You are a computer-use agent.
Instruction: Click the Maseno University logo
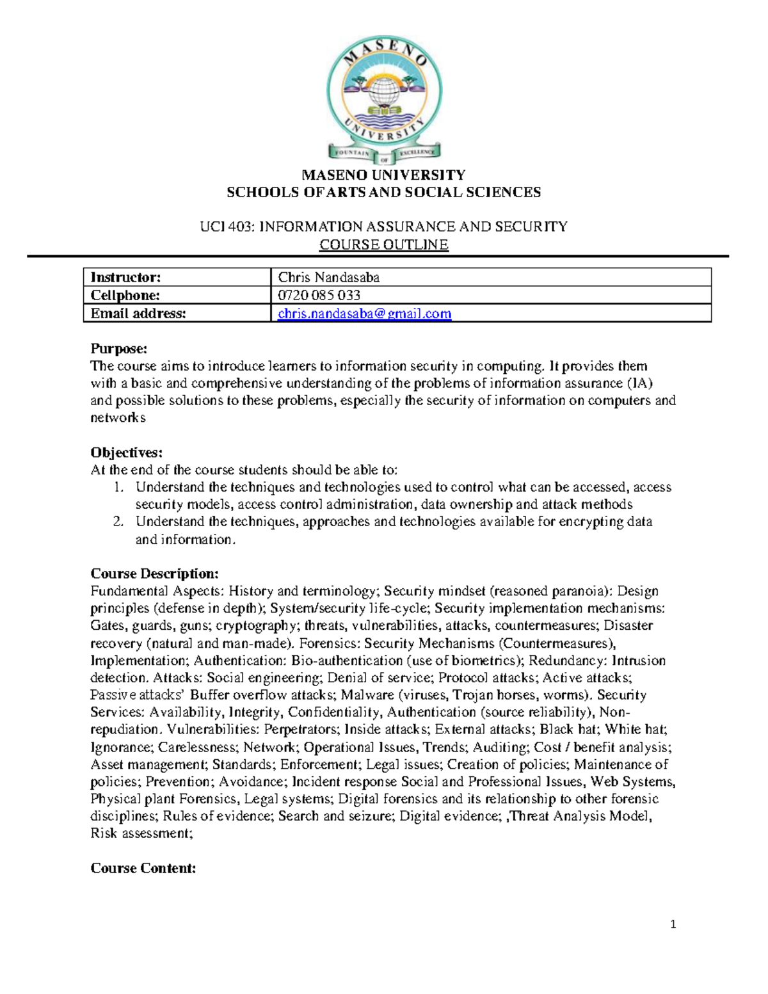(x=384, y=99)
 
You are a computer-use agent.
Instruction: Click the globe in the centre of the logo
(x=384, y=90)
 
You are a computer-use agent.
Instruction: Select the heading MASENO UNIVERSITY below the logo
(x=384, y=175)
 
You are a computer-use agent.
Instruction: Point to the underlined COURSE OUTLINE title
(x=384, y=244)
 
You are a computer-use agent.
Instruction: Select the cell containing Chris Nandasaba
(x=329, y=277)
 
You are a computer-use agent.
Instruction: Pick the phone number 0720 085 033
(x=319, y=295)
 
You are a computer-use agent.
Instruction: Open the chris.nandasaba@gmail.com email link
(x=365, y=314)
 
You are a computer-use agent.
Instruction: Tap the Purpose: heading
(x=119, y=349)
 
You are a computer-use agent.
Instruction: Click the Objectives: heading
(x=127, y=453)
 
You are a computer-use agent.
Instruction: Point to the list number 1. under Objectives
(x=118, y=487)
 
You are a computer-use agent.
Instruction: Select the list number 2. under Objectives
(x=118, y=522)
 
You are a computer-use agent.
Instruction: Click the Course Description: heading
(x=155, y=573)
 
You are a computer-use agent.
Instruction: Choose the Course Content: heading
(x=143, y=869)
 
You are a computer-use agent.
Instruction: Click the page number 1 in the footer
(x=673, y=924)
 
